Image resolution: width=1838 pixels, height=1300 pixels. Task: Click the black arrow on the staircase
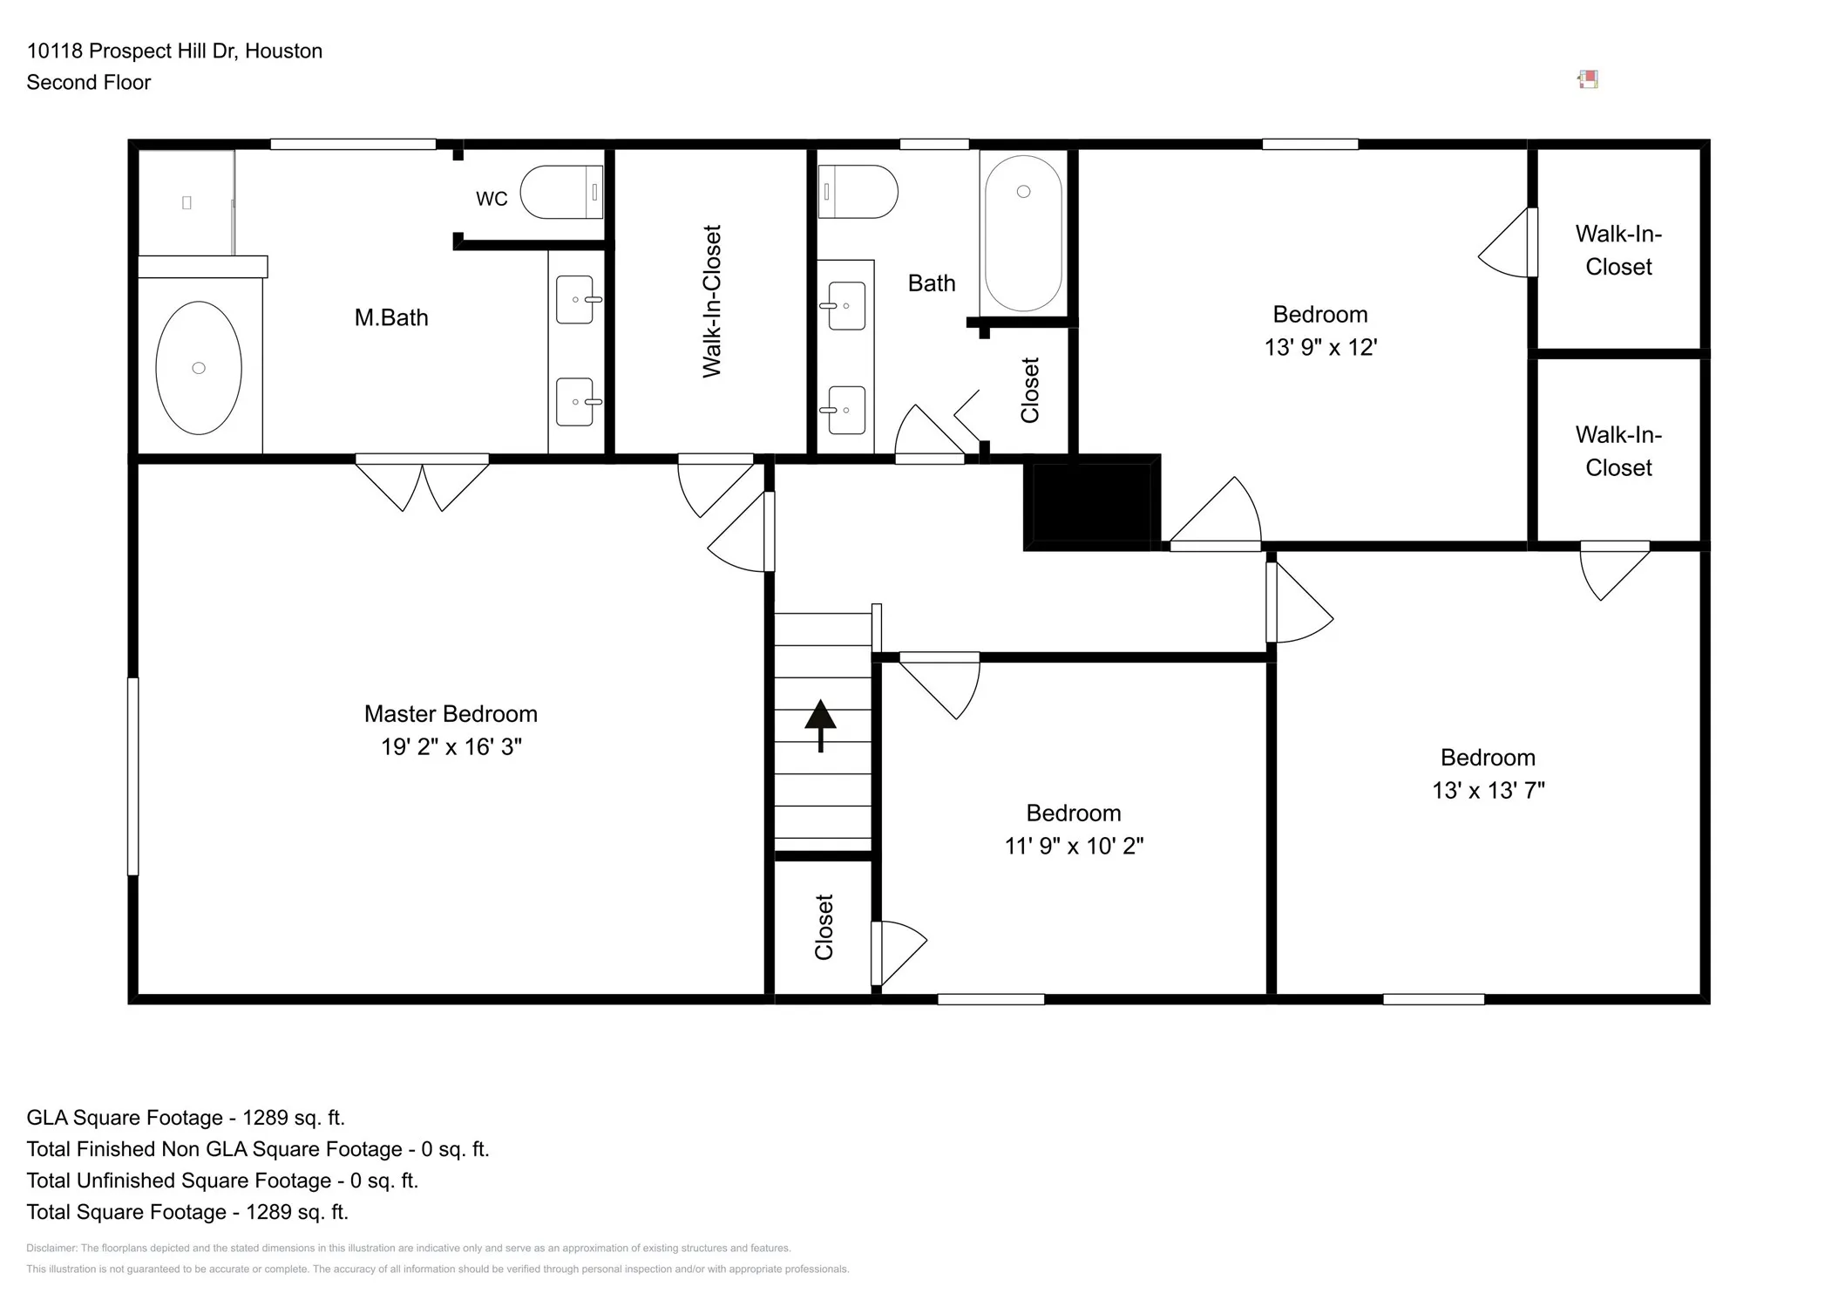[x=820, y=725]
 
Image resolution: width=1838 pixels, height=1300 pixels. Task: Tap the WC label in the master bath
[x=492, y=199]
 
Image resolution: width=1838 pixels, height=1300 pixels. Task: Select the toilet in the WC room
[x=561, y=192]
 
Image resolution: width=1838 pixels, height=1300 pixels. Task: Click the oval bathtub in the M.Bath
[x=199, y=368]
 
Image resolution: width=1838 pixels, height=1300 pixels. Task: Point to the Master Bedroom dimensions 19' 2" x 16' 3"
[x=451, y=746]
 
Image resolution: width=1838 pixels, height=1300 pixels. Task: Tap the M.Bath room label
[x=391, y=317]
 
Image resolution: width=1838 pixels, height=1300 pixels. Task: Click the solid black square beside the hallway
[x=1091, y=502]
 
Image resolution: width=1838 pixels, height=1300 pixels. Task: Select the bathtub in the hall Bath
[x=1023, y=233]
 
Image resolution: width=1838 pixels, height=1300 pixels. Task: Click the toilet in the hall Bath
[x=858, y=192]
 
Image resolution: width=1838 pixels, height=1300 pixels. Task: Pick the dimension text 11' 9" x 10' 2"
[x=1074, y=846]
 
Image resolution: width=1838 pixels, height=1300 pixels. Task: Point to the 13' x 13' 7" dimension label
[x=1489, y=790]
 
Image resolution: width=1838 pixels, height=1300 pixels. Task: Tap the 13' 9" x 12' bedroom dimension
[x=1320, y=347]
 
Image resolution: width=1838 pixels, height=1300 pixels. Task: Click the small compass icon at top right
[x=1588, y=80]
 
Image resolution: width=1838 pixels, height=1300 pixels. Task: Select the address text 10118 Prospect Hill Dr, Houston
[x=174, y=51]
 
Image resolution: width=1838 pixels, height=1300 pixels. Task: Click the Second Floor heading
[x=89, y=82]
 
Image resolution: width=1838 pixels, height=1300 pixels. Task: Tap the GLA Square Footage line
[x=186, y=1118]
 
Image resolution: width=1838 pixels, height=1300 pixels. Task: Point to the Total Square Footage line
[x=187, y=1212]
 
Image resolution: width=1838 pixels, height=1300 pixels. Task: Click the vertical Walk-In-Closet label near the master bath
[x=712, y=302]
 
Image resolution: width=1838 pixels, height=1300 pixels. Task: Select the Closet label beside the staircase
[x=824, y=927]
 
